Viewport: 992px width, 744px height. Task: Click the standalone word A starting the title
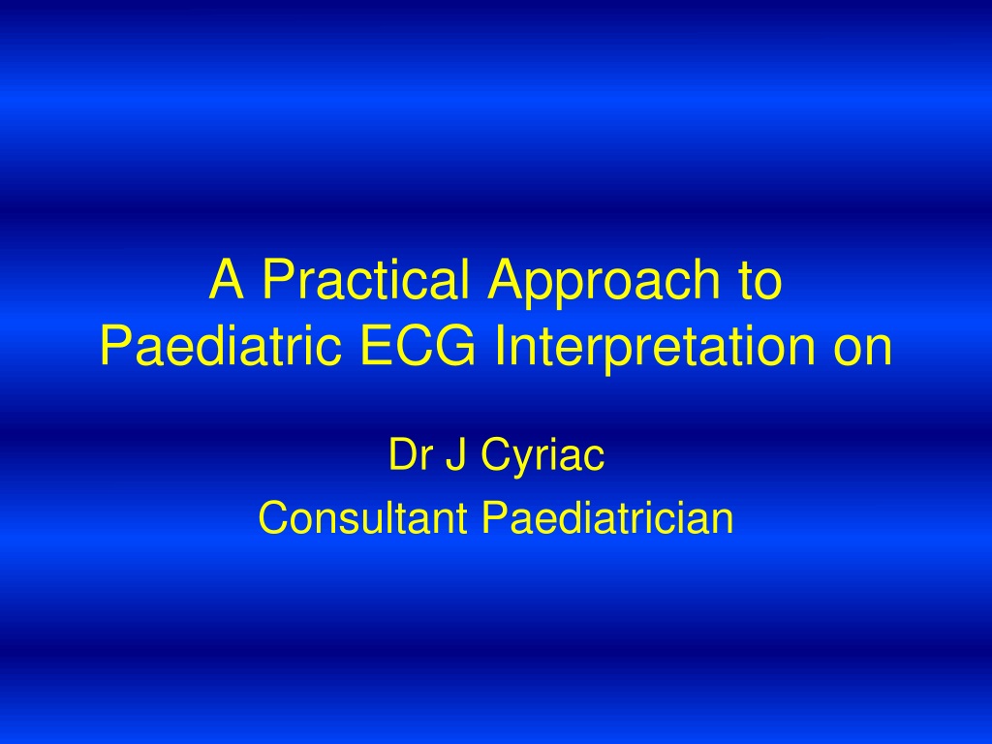[x=227, y=279]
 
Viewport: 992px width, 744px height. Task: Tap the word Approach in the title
[x=600, y=284]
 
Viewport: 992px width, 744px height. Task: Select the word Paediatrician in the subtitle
[x=607, y=517]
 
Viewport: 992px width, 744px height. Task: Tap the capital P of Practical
[x=278, y=279]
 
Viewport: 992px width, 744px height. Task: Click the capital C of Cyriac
[x=497, y=453]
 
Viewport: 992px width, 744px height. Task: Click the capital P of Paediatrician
[x=496, y=517]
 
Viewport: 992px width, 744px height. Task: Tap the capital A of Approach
[x=507, y=279]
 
